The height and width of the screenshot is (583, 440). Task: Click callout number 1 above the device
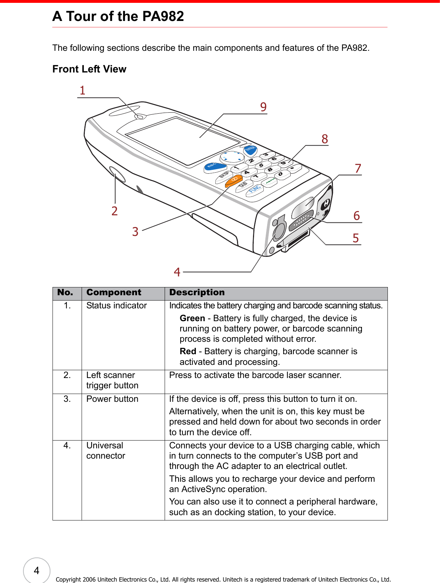(x=82, y=91)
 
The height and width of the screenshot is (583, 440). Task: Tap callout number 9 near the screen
(x=263, y=107)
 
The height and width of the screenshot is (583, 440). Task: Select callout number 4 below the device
(x=177, y=272)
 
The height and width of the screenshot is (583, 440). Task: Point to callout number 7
(x=358, y=168)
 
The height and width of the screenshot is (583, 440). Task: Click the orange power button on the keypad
(x=234, y=180)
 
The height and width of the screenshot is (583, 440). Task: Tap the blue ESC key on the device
(x=215, y=166)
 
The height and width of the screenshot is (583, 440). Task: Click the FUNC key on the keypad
(x=255, y=189)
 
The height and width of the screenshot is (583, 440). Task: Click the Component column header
(x=114, y=292)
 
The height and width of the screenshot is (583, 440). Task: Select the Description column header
(x=197, y=292)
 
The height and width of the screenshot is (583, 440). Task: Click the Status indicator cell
(x=116, y=306)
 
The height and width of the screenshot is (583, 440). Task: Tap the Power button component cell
(x=112, y=399)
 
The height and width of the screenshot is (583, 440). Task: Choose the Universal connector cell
(x=105, y=450)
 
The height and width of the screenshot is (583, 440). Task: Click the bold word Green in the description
(x=192, y=318)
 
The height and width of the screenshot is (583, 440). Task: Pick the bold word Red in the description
(x=188, y=351)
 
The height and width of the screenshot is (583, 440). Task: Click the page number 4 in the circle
(x=37, y=571)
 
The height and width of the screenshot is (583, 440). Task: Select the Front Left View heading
(x=89, y=69)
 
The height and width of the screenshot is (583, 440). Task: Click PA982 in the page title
(x=163, y=16)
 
